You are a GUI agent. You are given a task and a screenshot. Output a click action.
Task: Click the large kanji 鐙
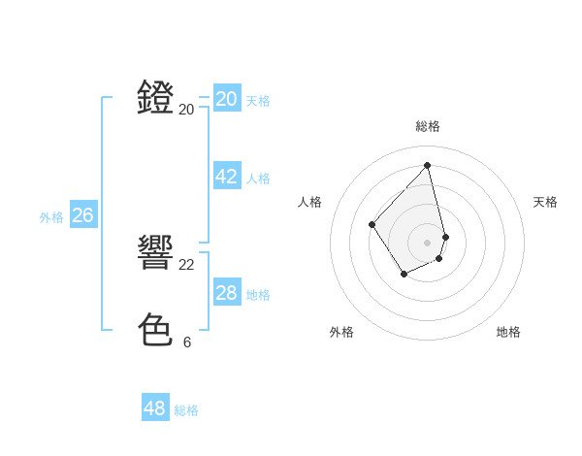(156, 98)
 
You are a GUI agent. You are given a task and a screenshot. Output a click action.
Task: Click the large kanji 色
(156, 330)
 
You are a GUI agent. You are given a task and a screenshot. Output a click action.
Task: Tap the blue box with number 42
(227, 177)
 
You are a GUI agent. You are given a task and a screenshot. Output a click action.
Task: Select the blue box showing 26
(82, 215)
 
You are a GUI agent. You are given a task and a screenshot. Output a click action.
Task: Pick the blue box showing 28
(227, 293)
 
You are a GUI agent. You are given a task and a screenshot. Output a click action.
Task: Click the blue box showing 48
(155, 408)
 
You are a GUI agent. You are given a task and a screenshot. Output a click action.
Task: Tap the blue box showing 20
(227, 99)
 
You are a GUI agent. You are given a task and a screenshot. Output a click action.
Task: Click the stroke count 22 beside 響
(187, 264)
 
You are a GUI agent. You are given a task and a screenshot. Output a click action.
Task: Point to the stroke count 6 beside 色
(187, 342)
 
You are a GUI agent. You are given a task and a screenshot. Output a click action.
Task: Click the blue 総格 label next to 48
(186, 410)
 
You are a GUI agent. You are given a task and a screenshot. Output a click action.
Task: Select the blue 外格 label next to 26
(51, 217)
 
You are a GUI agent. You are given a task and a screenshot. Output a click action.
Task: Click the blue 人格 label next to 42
(258, 179)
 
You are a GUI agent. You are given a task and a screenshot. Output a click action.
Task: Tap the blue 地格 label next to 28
(258, 295)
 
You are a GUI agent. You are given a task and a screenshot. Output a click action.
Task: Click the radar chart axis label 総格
(428, 126)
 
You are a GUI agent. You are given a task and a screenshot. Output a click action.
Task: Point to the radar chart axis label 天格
(545, 202)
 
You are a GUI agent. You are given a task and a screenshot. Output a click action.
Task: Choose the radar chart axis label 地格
(508, 332)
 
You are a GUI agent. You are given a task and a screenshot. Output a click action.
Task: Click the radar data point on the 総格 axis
(428, 165)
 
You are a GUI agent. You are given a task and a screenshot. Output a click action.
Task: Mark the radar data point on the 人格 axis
(372, 225)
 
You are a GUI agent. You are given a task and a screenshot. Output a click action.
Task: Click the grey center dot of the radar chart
(428, 242)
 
